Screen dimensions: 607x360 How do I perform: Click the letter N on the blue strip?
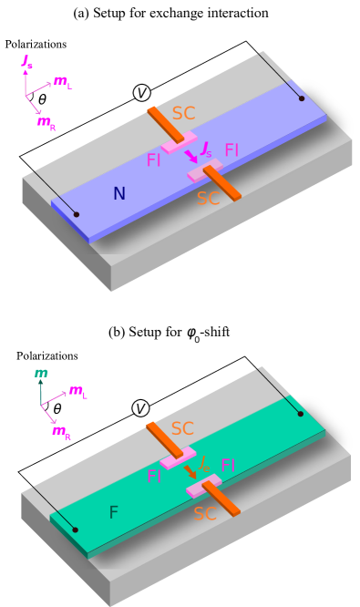pos(118,193)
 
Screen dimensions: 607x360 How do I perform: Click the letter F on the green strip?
pos(113,512)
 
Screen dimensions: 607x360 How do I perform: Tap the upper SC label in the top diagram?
pos(183,114)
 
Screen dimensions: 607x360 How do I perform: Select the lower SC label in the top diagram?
pos(209,198)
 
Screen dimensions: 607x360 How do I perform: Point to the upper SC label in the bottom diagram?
pos(182,428)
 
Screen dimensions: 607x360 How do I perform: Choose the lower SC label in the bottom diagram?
pos(205,514)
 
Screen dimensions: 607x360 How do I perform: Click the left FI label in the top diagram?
pos(153,160)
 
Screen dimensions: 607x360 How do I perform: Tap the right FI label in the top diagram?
pos(231,150)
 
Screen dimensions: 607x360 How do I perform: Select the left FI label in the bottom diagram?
pos(154,477)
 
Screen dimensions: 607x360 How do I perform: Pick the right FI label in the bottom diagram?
pos(228,467)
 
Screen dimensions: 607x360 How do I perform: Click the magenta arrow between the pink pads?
pos(191,157)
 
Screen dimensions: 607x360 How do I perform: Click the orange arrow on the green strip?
pos(190,471)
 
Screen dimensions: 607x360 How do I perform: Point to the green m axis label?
pos(41,373)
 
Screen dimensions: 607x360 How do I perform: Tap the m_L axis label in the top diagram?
pos(62,81)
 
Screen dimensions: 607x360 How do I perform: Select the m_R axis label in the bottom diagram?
pos(61,431)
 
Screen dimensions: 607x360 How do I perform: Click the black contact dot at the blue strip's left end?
pos(76,214)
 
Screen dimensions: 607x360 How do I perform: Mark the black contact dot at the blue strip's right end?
pos(302,98)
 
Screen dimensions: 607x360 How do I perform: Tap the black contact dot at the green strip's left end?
pos(75,530)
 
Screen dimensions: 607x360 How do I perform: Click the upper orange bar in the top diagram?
pos(165,124)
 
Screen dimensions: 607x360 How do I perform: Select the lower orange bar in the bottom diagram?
pos(221,498)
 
